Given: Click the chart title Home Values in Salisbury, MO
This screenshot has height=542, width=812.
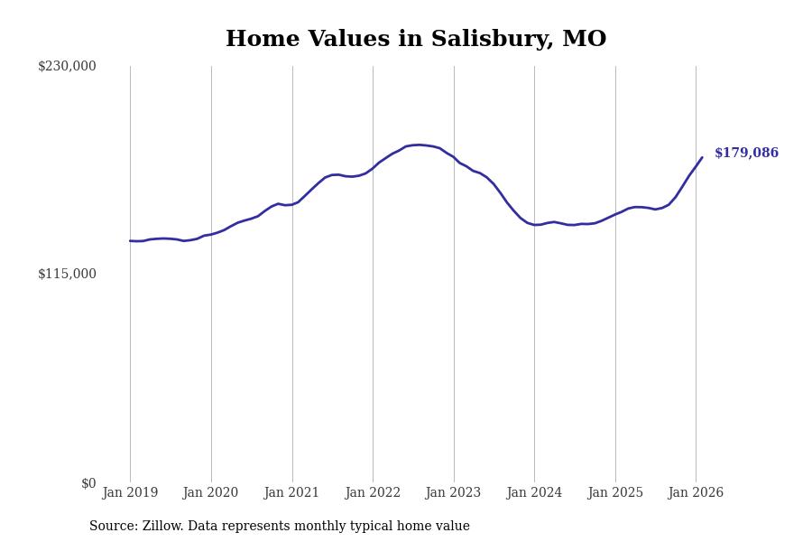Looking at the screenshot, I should point(416,40).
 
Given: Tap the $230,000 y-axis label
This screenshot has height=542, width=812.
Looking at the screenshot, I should point(67,66).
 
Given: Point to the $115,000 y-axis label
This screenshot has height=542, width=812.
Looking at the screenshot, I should point(67,274).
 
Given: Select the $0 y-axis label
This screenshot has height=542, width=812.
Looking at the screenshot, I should point(88,483).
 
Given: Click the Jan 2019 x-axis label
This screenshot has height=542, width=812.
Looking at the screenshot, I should point(130,492).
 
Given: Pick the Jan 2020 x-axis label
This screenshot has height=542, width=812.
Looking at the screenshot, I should point(210,492).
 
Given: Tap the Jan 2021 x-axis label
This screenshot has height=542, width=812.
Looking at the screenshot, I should point(291,492).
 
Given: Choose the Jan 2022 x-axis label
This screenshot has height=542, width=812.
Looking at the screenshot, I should point(373,492).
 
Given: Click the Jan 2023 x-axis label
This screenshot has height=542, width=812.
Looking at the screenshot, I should point(453,492).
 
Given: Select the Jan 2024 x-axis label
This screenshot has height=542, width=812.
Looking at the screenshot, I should point(534,492).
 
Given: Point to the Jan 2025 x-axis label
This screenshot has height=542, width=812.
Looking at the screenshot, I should point(615,492).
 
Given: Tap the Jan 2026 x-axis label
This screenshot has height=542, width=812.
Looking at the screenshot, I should point(696,492).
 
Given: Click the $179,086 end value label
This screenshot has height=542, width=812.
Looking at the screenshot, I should point(746,154).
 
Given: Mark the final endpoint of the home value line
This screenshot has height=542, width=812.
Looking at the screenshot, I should point(702,157).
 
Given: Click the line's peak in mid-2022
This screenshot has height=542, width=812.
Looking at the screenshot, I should point(419,145).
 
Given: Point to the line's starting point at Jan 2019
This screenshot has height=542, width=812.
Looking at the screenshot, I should point(130,240).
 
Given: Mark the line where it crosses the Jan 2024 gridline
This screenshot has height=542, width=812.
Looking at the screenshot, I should point(534,225).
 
